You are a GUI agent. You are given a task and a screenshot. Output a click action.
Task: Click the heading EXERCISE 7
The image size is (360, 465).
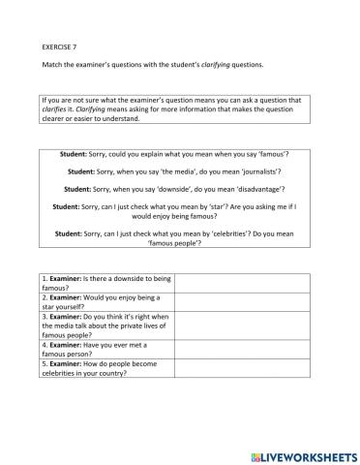click(x=62, y=46)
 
